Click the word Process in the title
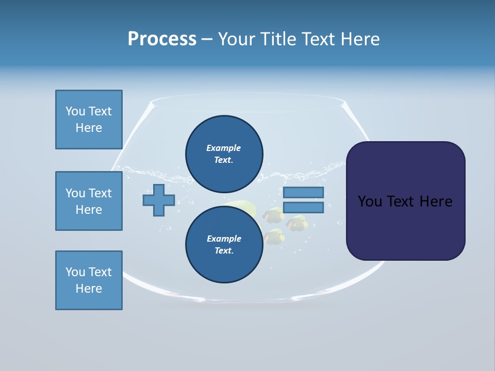[x=162, y=39]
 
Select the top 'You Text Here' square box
[x=89, y=120]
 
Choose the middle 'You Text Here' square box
[x=89, y=201]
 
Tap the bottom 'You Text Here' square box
[x=89, y=280]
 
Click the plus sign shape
[x=159, y=200]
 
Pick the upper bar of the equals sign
[x=303, y=192]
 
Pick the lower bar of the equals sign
[x=303, y=208]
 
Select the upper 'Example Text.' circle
[x=224, y=154]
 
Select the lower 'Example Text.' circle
[x=224, y=244]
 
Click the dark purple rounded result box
[x=405, y=201]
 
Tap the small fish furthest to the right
[x=298, y=223]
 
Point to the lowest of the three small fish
[x=274, y=236]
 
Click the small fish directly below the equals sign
[x=273, y=214]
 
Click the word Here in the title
[x=360, y=39]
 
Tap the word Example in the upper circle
[x=223, y=148]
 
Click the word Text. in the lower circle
[x=224, y=250]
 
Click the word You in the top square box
[x=75, y=111]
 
